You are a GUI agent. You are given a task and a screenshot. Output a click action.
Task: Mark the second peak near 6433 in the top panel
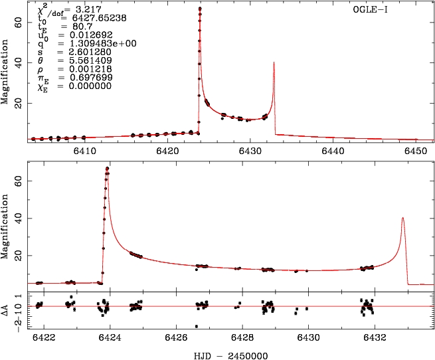[274, 62]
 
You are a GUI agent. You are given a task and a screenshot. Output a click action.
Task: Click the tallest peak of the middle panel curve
[108, 169]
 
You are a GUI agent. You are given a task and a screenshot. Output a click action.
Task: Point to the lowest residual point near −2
[197, 326]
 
